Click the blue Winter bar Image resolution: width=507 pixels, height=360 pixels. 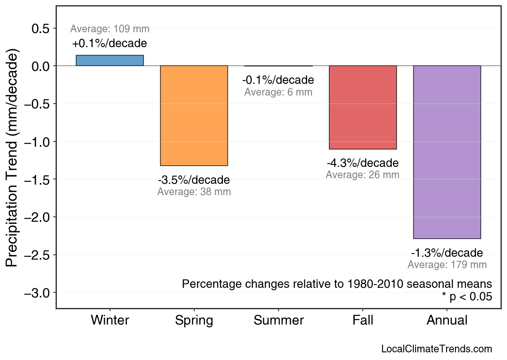(110, 60)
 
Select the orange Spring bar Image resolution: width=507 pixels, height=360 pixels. (194, 116)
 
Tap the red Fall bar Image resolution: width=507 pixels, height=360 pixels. (363, 107)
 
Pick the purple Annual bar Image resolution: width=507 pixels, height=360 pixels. (447, 152)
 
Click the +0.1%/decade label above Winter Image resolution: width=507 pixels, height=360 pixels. (110, 44)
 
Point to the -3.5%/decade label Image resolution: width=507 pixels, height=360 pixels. (194, 180)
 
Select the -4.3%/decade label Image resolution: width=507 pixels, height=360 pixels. (363, 163)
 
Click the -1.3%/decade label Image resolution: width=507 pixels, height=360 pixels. (447, 253)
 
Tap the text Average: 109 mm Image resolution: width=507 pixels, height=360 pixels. (110, 29)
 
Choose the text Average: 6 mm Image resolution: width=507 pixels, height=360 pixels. (278, 92)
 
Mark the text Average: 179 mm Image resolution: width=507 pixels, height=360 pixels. (447, 265)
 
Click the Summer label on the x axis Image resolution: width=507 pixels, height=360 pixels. (278, 320)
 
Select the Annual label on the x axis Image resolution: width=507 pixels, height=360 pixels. (447, 320)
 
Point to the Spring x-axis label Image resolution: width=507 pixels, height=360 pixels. (194, 320)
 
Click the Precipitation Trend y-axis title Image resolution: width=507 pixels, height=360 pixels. (13, 158)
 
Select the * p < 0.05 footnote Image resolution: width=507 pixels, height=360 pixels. (467, 297)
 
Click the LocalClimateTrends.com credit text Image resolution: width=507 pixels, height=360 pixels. (436, 349)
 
